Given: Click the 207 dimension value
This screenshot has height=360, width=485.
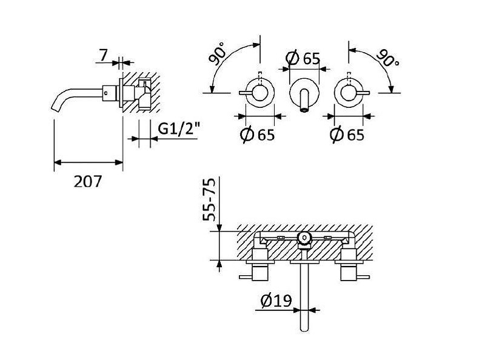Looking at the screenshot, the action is pyautogui.click(x=87, y=182).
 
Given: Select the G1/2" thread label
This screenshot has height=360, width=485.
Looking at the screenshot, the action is pyautogui.click(x=178, y=128).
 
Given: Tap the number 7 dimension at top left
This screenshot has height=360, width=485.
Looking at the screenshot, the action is pyautogui.click(x=103, y=55).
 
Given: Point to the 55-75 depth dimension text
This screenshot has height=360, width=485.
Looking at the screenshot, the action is pyautogui.click(x=209, y=199).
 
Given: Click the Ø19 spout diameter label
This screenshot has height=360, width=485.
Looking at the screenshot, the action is pyautogui.click(x=276, y=300).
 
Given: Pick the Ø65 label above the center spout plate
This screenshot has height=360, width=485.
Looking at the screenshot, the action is pyautogui.click(x=303, y=58).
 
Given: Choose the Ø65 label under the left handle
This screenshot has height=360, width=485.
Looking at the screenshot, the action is pyautogui.click(x=257, y=135).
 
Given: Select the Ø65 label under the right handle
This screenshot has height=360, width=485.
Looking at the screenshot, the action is pyautogui.click(x=347, y=135).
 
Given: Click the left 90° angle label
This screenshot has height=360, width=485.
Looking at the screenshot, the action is pyautogui.click(x=218, y=54).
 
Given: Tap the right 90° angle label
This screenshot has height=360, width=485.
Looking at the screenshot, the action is pyautogui.click(x=388, y=58).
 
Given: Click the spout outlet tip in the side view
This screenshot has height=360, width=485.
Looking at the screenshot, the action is pyautogui.click(x=55, y=107).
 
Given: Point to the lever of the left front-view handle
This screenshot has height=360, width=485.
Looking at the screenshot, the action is pyautogui.click(x=247, y=93).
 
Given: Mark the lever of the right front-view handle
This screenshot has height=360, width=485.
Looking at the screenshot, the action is pyautogui.click(x=362, y=93).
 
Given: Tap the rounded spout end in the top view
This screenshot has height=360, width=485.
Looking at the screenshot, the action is pyautogui.click(x=304, y=328).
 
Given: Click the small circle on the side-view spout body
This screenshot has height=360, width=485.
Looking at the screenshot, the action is pyautogui.click(x=106, y=93).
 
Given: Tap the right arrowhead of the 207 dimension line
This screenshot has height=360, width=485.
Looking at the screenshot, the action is pyautogui.click(x=119, y=162).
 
